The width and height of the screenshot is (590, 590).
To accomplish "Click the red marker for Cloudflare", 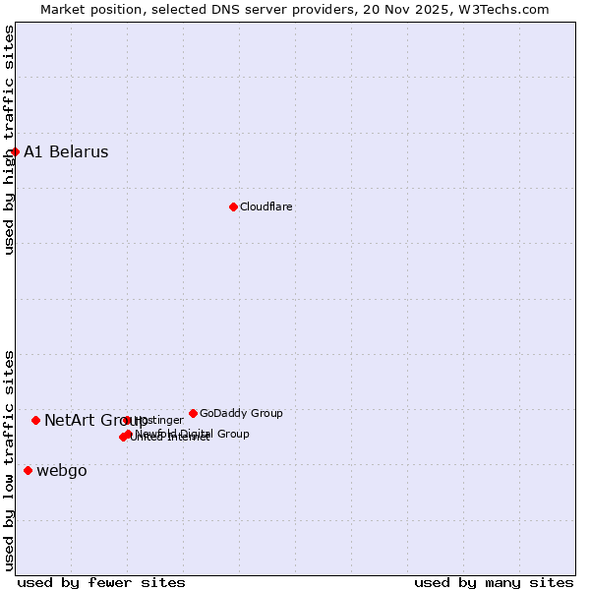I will pyautogui.click(x=233, y=206).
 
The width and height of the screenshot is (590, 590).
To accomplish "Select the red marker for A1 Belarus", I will pyautogui.click(x=15, y=151).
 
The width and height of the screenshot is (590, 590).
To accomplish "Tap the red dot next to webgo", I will pyautogui.click(x=28, y=470).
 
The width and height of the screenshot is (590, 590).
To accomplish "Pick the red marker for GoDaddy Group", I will pyautogui.click(x=193, y=413).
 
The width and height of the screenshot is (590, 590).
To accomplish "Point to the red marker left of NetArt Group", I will pyautogui.click(x=35, y=420).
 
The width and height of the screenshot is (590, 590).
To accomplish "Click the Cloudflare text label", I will pyautogui.click(x=265, y=206).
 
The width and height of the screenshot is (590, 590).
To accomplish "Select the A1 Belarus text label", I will pyautogui.click(x=66, y=151).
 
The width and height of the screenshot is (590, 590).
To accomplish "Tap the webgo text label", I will pyautogui.click(x=61, y=470).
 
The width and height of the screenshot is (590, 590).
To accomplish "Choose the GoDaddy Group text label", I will pyautogui.click(x=241, y=413).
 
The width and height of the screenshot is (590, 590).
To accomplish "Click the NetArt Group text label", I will pyautogui.click(x=95, y=420).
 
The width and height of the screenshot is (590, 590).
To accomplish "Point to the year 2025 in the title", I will pyautogui.click(x=442, y=9).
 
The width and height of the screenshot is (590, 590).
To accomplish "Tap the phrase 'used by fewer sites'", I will pyautogui.click(x=101, y=582).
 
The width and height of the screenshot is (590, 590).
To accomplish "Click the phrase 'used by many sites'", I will pyautogui.click(x=494, y=582).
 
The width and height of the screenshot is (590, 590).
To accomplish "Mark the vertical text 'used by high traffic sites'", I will pyautogui.click(x=9, y=140).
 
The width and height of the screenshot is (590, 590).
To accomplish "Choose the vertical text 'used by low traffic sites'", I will pyautogui.click(x=9, y=460).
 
